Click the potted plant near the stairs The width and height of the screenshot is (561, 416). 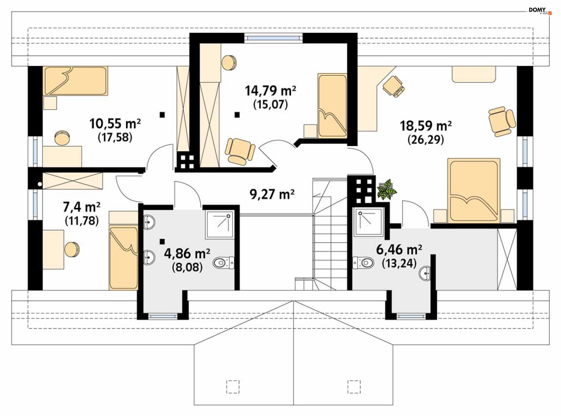pyautogui.click(x=386, y=190)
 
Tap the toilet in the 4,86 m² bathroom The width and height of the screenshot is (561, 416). pyautogui.click(x=224, y=263)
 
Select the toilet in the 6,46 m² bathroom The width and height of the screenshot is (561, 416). pyautogui.click(x=363, y=263)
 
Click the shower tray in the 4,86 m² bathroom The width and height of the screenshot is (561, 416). pyautogui.click(x=220, y=224)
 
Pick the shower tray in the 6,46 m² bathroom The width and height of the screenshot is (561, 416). pyautogui.click(x=368, y=222)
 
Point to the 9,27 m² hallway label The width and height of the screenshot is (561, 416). pyautogui.click(x=272, y=194)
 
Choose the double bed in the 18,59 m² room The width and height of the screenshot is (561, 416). pyautogui.click(x=474, y=190)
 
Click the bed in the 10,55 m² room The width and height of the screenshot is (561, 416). pyautogui.click(x=75, y=81)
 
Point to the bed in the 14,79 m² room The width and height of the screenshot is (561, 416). pyautogui.click(x=333, y=106)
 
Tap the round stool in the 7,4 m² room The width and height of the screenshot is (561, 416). pyautogui.click(x=72, y=249)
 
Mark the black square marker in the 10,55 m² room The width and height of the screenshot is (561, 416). pyautogui.click(x=162, y=115)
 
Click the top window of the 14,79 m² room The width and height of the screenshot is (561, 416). pyautogui.click(x=273, y=38)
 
